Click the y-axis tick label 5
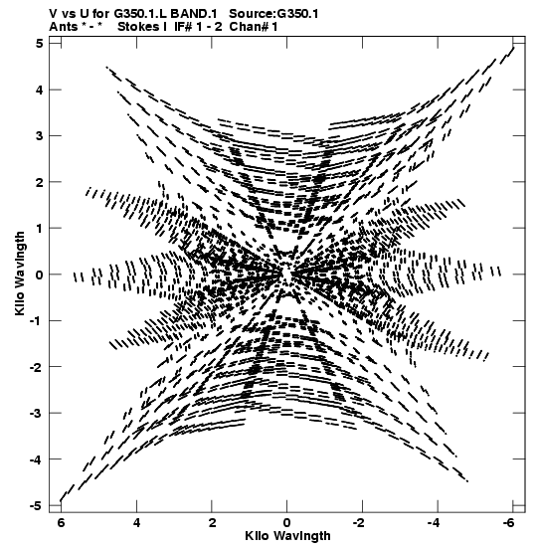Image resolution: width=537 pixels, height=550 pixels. pyautogui.click(x=39, y=44)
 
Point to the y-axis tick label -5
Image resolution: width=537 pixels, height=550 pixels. pyautogui.click(x=36, y=506)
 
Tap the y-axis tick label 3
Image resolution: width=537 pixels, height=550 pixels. pyautogui.click(x=39, y=135)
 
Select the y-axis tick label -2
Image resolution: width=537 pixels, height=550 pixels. pyautogui.click(x=36, y=367)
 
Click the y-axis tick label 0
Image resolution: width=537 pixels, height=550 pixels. pyautogui.click(x=39, y=275)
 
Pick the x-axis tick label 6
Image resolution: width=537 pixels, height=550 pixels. pyautogui.click(x=61, y=522)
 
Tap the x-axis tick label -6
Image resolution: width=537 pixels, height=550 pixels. pyautogui.click(x=508, y=522)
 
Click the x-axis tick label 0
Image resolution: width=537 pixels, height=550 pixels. pyautogui.click(x=287, y=522)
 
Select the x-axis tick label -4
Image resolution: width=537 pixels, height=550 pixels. pyautogui.click(x=434, y=522)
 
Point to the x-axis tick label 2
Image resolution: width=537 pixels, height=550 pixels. pyautogui.click(x=212, y=522)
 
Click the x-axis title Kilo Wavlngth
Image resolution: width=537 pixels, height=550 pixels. pyautogui.click(x=287, y=536)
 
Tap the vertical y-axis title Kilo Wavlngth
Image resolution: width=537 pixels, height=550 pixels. pyautogui.click(x=20, y=274)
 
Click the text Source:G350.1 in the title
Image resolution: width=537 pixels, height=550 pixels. pyautogui.click(x=273, y=14)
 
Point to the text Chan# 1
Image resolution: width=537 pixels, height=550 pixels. pyautogui.click(x=254, y=27)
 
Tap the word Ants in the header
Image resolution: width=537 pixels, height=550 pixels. pyautogui.click(x=63, y=27)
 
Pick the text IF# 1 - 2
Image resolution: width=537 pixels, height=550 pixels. pyautogui.click(x=198, y=27)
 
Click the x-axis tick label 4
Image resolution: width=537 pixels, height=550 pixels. pyautogui.click(x=137, y=522)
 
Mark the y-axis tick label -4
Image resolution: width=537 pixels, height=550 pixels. pyautogui.click(x=36, y=459)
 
